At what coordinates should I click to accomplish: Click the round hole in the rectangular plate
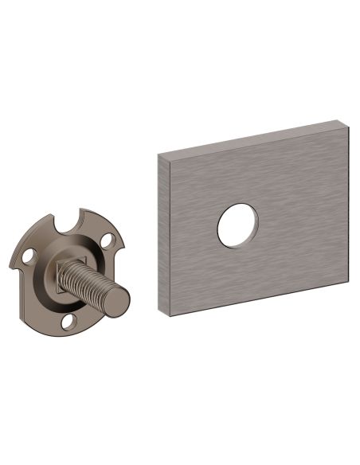click(x=237, y=225)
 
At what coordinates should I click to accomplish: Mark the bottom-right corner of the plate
click(x=348, y=281)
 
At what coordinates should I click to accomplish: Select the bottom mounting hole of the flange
click(x=69, y=322)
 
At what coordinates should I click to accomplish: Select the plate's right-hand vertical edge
click(x=347, y=203)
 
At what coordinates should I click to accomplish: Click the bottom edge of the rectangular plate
click(x=259, y=299)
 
